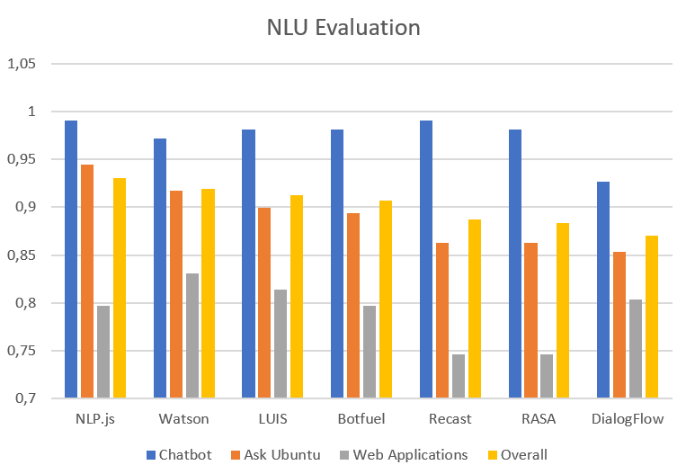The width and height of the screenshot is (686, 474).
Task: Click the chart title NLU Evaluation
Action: point(343,28)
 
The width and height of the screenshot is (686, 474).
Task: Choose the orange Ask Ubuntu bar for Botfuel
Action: point(353,306)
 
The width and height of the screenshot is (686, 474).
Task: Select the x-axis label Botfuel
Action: point(361,419)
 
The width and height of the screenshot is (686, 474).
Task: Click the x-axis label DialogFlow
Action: point(628,419)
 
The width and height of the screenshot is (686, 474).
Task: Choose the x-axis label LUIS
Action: point(272,419)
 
